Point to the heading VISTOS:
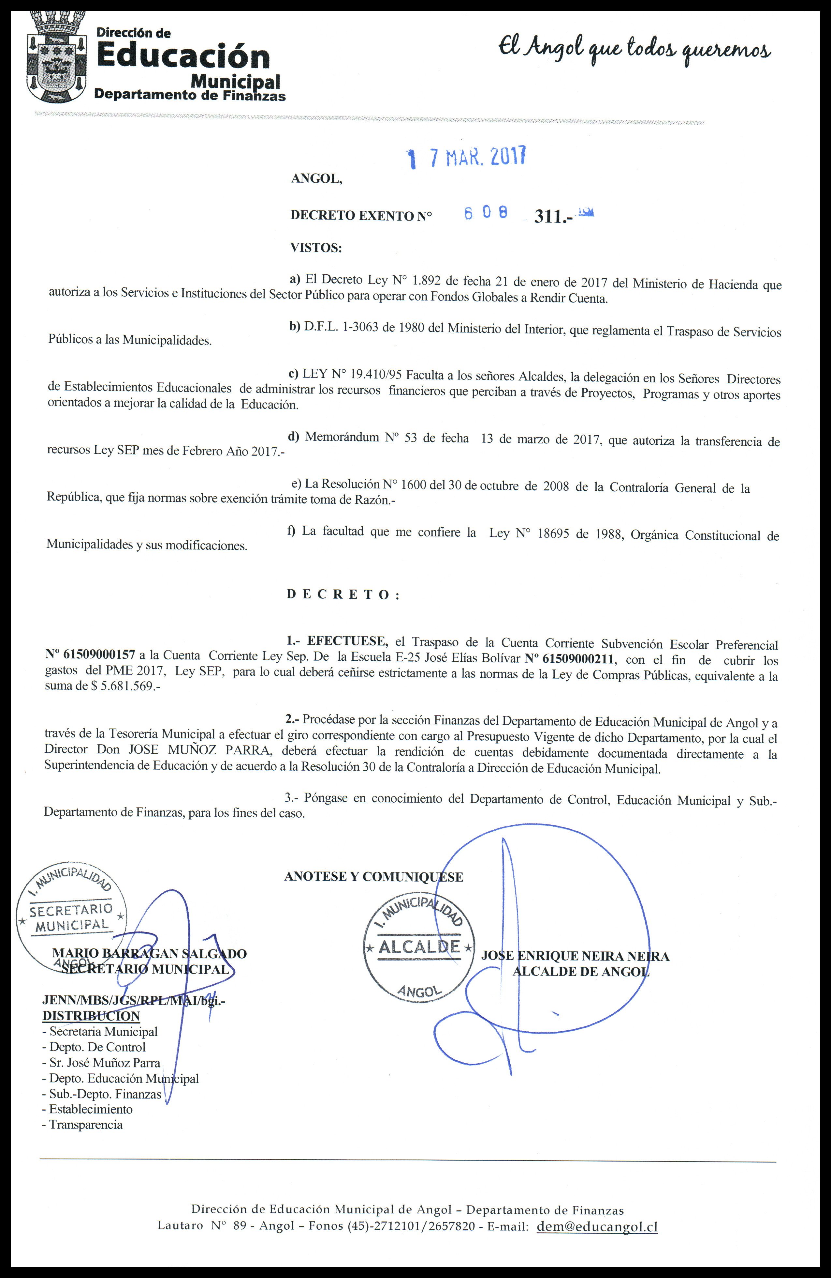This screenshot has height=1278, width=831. (x=316, y=248)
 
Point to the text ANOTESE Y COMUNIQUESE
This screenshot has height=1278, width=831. (x=373, y=877)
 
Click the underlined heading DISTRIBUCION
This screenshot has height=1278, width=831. (x=91, y=1016)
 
